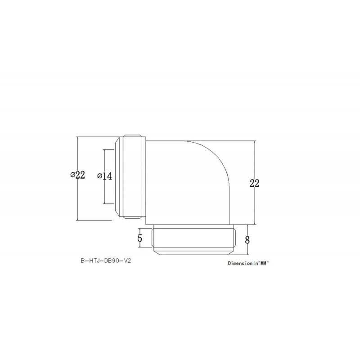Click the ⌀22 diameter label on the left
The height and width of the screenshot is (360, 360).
[x=78, y=175]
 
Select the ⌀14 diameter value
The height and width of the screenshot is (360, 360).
[x=104, y=176]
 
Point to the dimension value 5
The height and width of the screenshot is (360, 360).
[x=140, y=238]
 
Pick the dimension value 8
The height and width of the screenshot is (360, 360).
[x=247, y=239]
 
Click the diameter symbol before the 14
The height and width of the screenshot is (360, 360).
[x=99, y=176]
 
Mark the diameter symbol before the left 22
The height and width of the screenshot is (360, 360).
[x=72, y=175]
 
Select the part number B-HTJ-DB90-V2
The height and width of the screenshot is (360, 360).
[x=106, y=261]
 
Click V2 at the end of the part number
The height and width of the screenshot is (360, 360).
[x=129, y=261]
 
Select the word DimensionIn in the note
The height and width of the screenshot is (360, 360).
[x=241, y=263]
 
